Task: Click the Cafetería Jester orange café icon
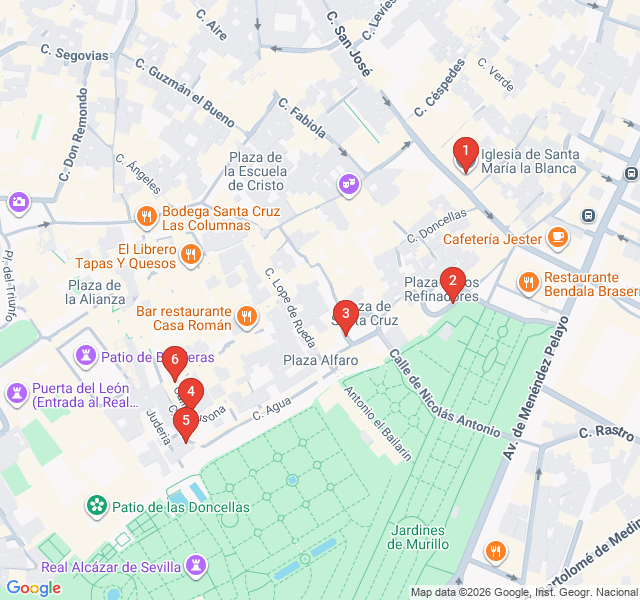(557, 238)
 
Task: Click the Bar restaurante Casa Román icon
(246, 318)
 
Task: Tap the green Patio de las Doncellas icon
(97, 506)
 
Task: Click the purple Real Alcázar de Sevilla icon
(195, 567)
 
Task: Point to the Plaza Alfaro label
(320, 360)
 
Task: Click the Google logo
(33, 588)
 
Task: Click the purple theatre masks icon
(348, 185)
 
